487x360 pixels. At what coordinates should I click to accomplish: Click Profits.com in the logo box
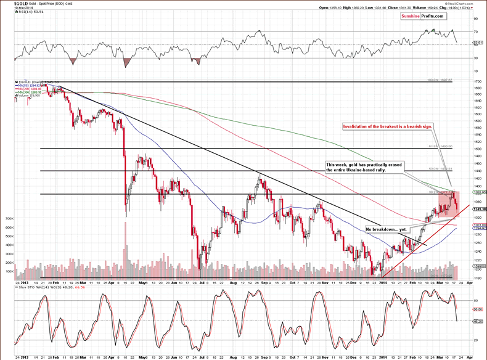[x=432, y=16]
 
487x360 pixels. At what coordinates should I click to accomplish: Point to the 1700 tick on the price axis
[x=478, y=81]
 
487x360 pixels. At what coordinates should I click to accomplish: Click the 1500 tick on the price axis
[x=478, y=149]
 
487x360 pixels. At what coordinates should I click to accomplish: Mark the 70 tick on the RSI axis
[x=477, y=31]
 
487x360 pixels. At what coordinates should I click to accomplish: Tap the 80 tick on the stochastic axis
[x=477, y=301]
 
